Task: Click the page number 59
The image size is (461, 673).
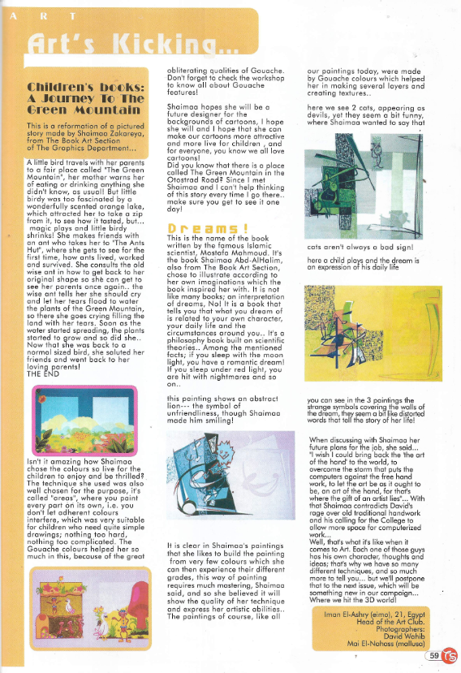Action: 434,655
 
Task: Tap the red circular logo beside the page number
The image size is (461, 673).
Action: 449,655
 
